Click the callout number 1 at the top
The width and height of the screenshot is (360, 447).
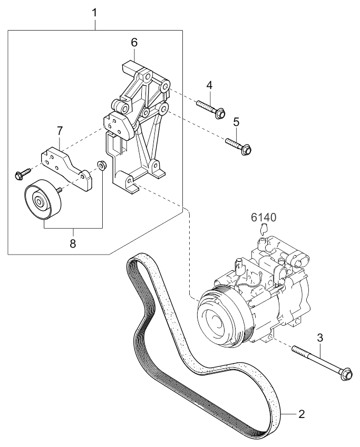pos(94,13)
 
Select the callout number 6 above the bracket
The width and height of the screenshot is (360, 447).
pos(134,43)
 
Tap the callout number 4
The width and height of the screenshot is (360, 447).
pos(209,85)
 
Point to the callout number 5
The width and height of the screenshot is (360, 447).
pos(236,122)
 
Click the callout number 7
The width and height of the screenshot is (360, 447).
pos(59,131)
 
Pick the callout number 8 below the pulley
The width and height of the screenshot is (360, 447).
pos(73,243)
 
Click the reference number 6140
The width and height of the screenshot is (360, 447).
pos(264,218)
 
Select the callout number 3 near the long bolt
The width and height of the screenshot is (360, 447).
pos(320,338)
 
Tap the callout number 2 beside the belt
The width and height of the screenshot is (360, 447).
pos(301,414)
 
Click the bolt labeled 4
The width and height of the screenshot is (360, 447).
pos(211,109)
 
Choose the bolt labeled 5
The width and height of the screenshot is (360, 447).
pos(239,145)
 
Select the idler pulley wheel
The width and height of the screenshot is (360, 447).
pos(43,200)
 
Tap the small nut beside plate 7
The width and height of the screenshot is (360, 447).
pos(101,165)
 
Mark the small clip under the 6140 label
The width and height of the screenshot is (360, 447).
pos(264,228)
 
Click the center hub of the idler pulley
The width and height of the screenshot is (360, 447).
pos(38,202)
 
